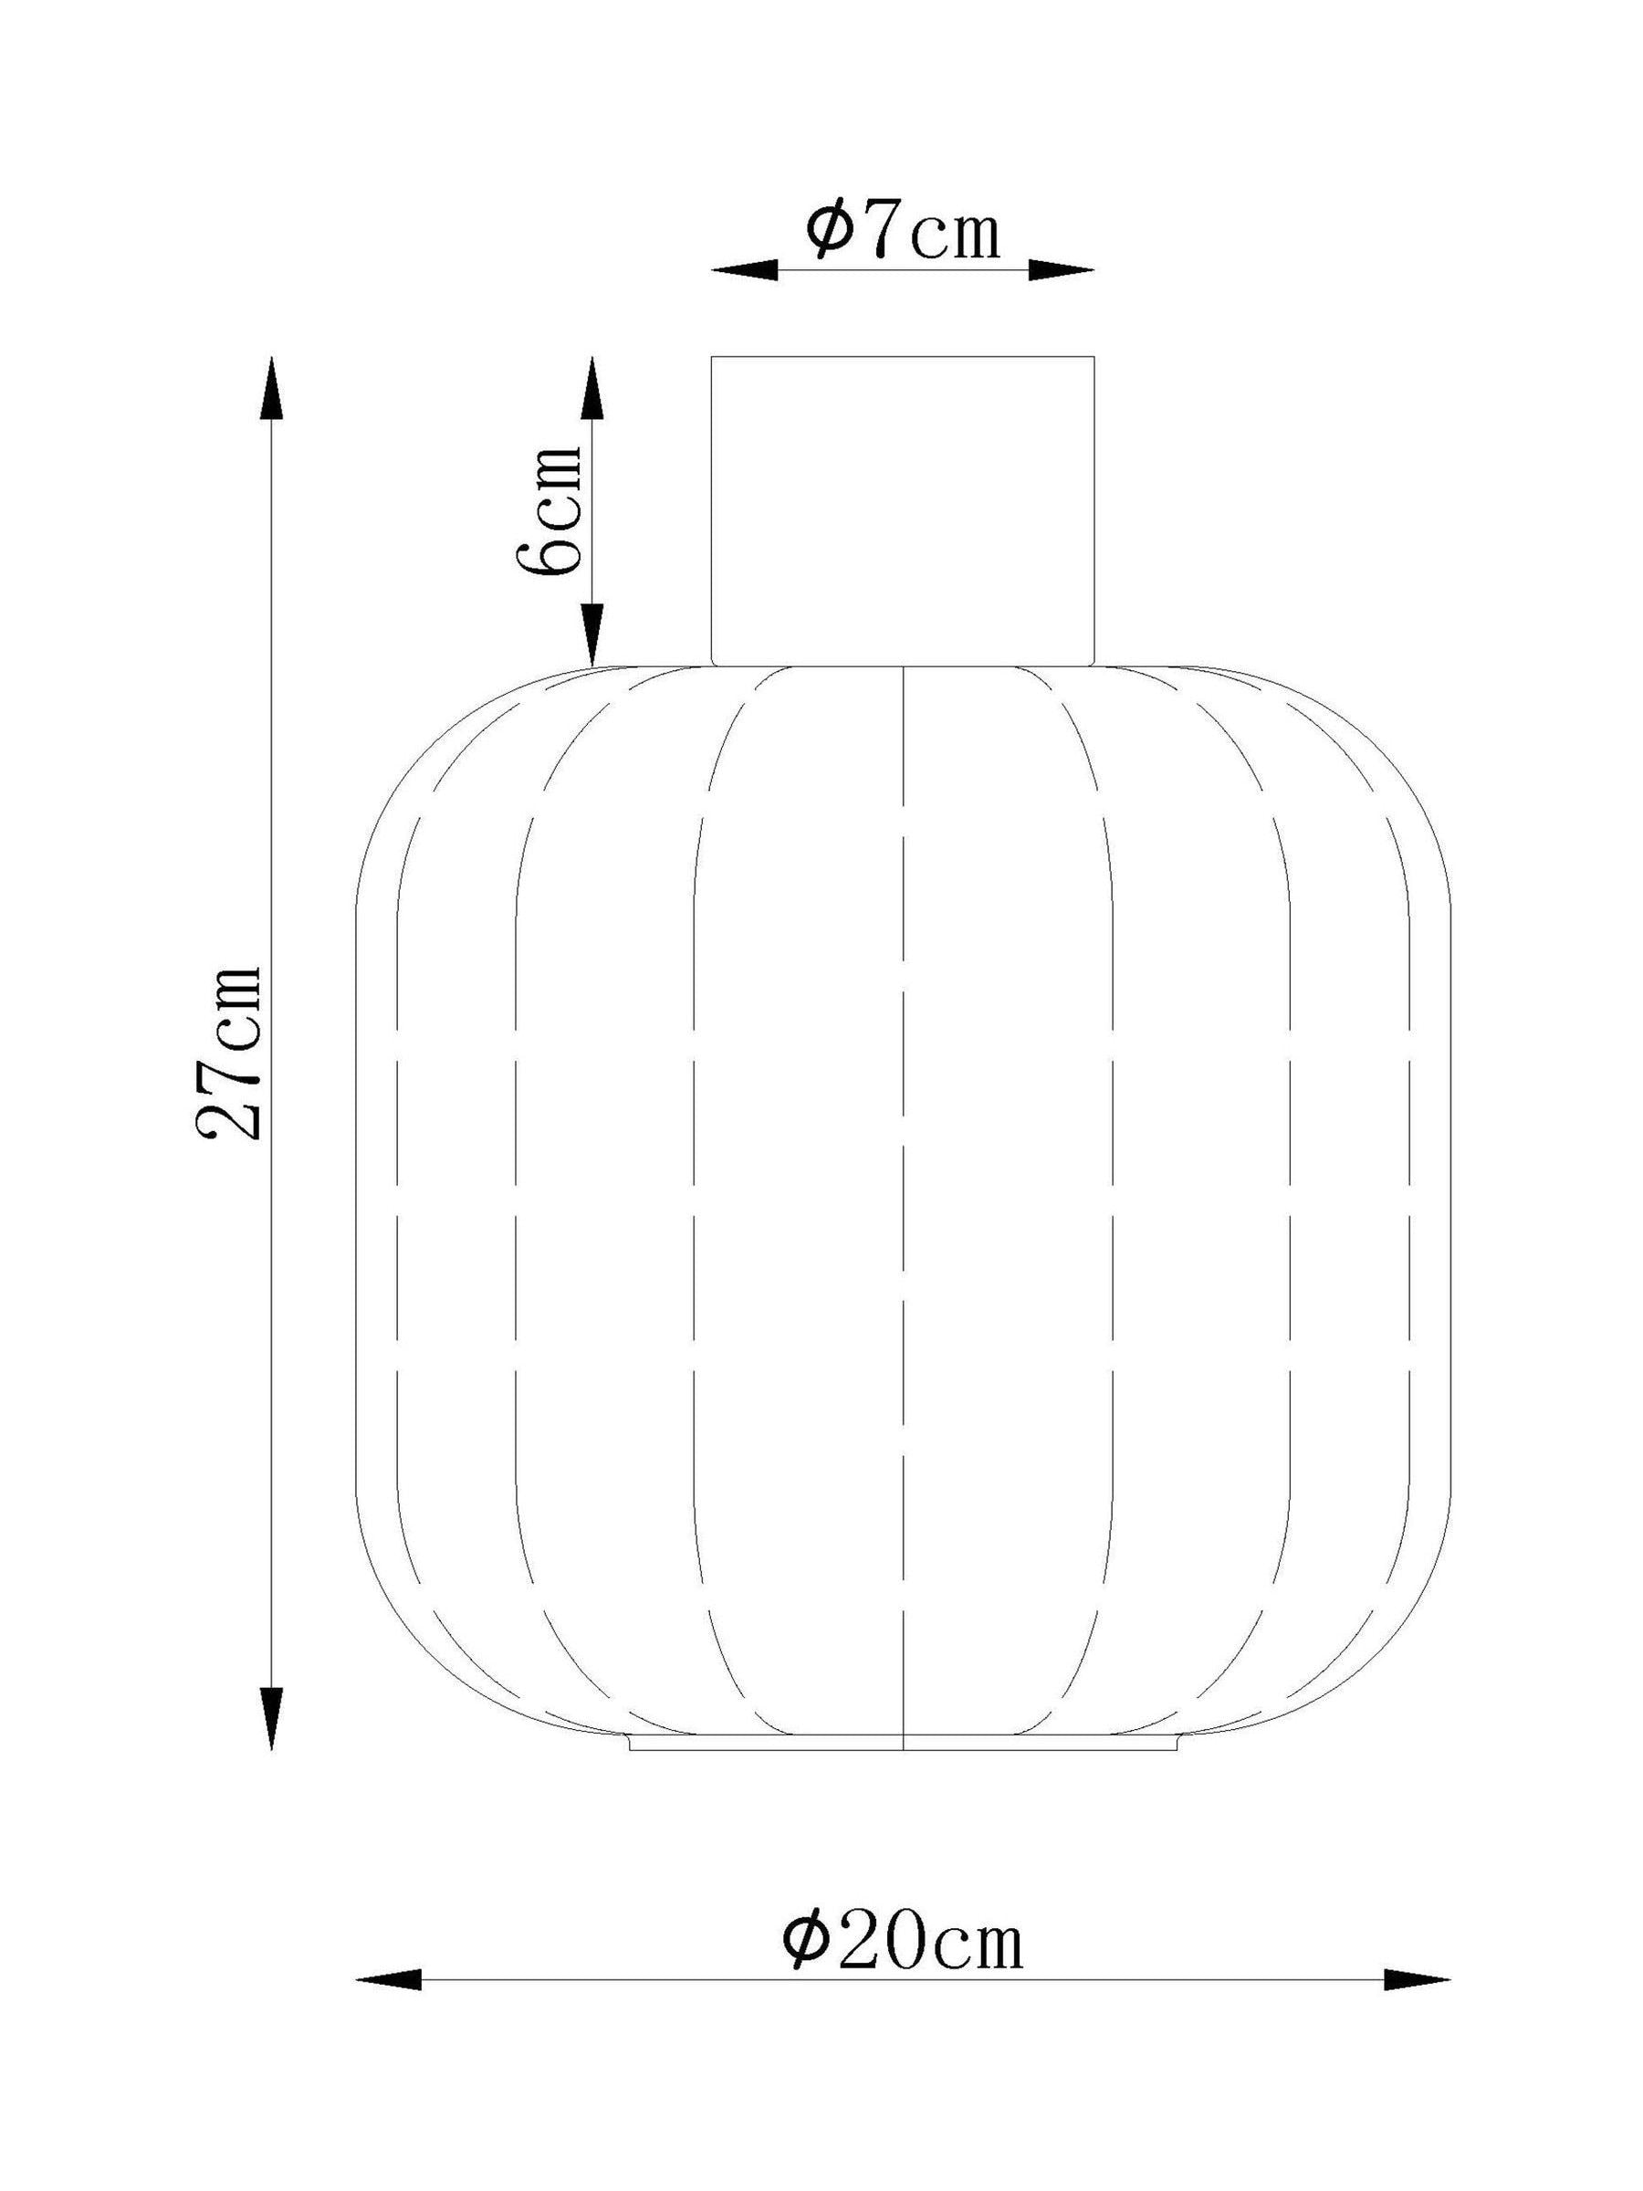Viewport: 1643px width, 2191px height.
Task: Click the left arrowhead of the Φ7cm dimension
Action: (x=744, y=269)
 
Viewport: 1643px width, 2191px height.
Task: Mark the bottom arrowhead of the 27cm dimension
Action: (x=271, y=1717)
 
